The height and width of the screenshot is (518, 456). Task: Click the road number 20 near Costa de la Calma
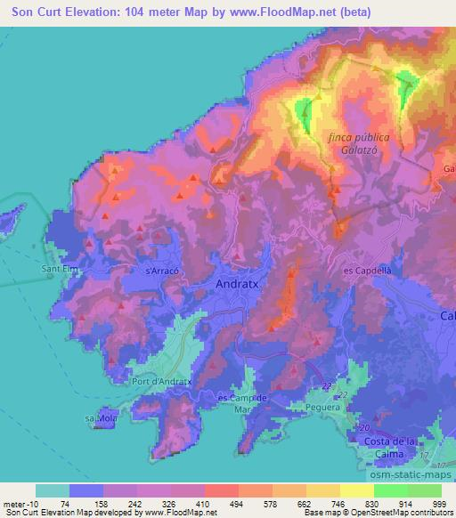pos(364,429)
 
